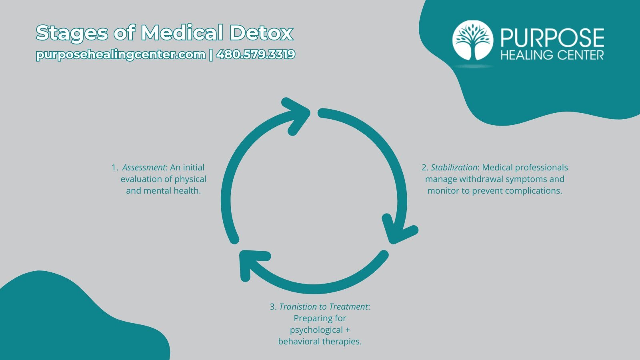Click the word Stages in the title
tap(72, 34)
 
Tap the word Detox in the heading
tap(262, 33)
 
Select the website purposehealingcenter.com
tap(120, 54)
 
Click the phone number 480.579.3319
tap(256, 54)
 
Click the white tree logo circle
tap(472, 40)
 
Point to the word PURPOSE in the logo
tap(552, 38)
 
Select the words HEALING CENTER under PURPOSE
tap(552, 55)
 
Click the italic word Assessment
tap(144, 168)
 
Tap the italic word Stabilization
tap(454, 168)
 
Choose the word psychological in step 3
tap(316, 330)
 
